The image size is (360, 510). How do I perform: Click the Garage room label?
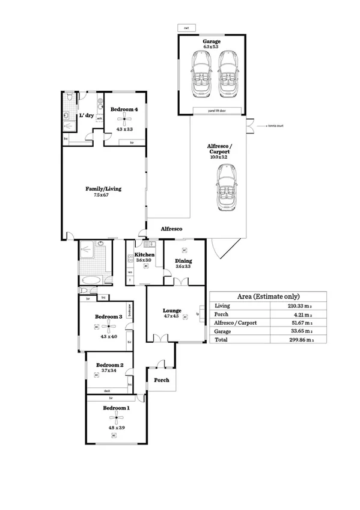click(212, 41)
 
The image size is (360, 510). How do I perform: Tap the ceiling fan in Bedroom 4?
click(124, 119)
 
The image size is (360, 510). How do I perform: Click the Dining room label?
click(184, 260)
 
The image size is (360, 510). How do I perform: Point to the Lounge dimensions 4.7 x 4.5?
click(171, 316)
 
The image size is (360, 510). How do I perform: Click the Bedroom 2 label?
click(110, 365)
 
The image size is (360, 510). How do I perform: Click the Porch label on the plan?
click(162, 379)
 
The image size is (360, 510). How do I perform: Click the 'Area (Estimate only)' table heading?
click(269, 296)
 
